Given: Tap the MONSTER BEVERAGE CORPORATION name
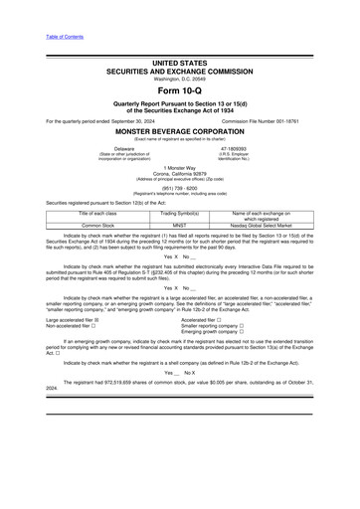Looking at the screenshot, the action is [x=180, y=130].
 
